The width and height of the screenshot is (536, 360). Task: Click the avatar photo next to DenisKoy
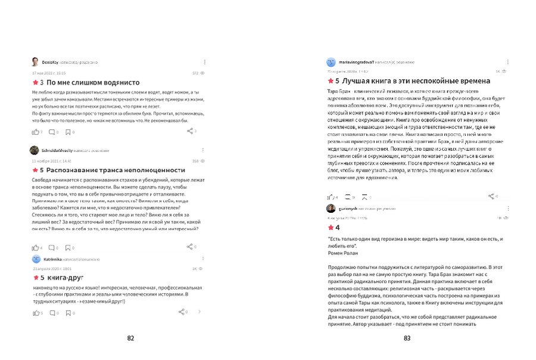click(36, 62)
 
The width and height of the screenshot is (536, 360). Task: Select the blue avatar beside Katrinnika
click(36, 259)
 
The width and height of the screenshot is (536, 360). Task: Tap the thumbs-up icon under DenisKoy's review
click(35, 132)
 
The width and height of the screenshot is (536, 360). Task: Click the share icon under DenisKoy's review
click(189, 131)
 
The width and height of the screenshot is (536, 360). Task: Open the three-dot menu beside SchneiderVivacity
click(205, 150)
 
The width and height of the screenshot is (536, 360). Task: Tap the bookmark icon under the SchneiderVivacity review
click(68, 247)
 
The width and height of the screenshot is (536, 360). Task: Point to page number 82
click(130, 338)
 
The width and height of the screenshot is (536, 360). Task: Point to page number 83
click(407, 338)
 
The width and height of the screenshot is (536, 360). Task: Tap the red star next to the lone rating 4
click(331, 227)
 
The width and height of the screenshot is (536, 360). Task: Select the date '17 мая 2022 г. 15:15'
click(49, 73)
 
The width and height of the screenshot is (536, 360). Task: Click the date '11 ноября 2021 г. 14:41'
click(51, 161)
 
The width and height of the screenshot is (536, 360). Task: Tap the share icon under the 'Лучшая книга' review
click(491, 195)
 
